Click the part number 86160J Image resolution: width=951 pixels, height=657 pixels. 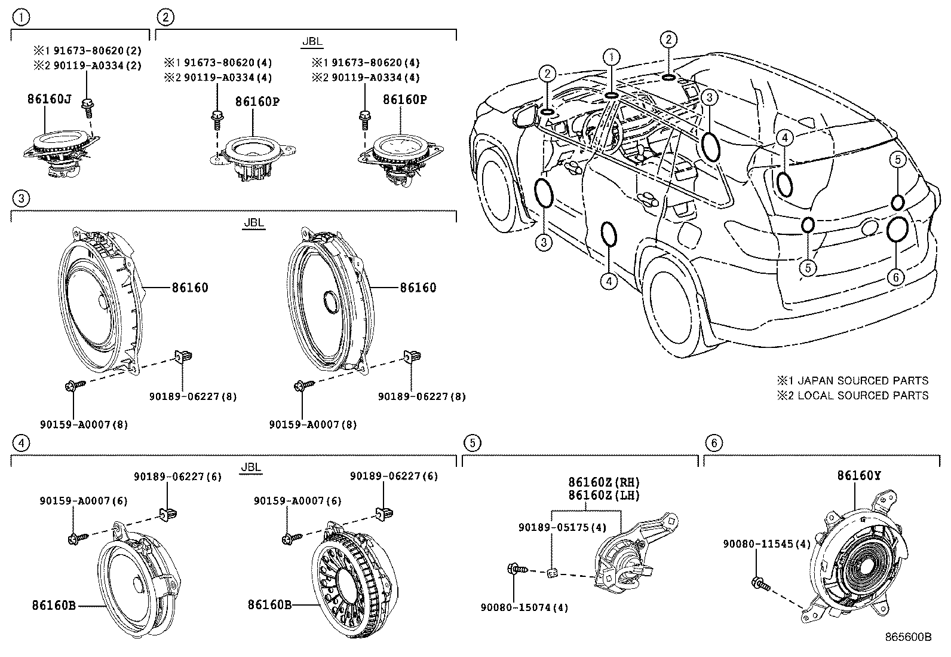49,99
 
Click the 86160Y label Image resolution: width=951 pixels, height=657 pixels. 858,476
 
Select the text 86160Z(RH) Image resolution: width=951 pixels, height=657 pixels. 603,482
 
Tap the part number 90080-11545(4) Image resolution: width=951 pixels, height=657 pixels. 766,544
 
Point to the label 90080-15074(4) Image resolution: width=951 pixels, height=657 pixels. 524,607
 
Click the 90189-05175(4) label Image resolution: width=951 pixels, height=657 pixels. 562,527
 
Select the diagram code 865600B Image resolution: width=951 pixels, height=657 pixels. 908,637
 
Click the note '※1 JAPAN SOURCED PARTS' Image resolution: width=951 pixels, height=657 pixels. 852,381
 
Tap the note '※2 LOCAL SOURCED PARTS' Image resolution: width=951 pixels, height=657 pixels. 852,395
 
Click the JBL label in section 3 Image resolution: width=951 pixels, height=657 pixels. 254,223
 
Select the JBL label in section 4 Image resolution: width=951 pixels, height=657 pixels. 251,467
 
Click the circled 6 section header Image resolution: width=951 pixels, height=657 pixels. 713,443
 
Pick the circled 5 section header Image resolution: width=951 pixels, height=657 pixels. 472,443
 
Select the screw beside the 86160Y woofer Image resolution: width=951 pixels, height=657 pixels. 758,582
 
